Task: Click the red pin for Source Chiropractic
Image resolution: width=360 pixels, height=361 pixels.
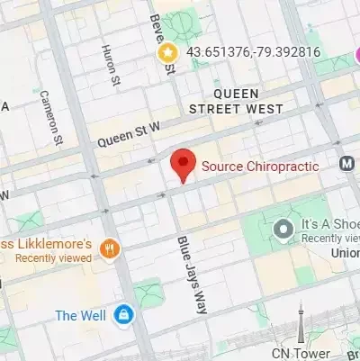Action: [184, 165]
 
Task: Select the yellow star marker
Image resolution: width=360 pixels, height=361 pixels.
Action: [167, 53]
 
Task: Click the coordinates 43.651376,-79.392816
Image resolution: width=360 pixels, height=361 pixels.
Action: [253, 52]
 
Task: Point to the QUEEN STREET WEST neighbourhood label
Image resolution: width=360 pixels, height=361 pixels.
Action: [236, 101]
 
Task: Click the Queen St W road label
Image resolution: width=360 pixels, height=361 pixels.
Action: [128, 133]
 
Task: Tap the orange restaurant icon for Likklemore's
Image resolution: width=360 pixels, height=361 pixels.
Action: [110, 248]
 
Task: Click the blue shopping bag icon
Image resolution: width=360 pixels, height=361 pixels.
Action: [123, 316]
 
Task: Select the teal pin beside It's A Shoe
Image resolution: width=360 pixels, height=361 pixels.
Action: [284, 230]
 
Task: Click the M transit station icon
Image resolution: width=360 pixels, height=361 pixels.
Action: [347, 164]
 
